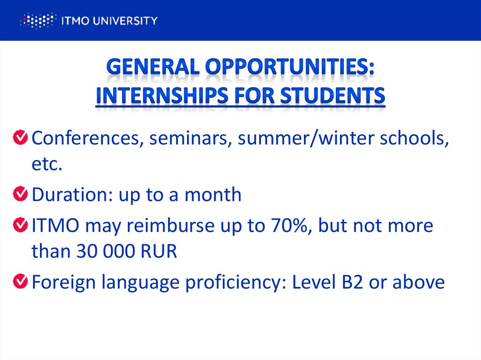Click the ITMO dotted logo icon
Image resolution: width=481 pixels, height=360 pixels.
[38, 21]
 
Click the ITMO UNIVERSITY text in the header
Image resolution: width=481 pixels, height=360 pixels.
[109, 21]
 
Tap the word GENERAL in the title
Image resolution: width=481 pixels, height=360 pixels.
[153, 68]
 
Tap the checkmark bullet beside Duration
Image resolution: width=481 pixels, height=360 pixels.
[20, 194]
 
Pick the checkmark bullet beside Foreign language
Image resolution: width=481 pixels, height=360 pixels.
[20, 282]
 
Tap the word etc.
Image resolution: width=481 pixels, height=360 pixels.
[47, 164]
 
